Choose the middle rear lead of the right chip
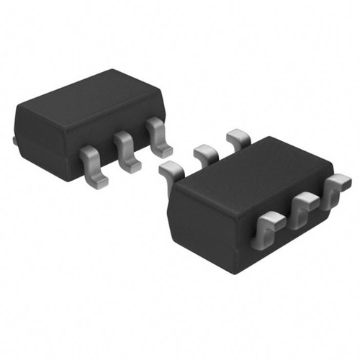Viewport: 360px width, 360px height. (204, 152)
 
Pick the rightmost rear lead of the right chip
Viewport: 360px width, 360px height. (235, 137)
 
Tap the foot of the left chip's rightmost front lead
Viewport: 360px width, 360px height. (163, 150)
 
